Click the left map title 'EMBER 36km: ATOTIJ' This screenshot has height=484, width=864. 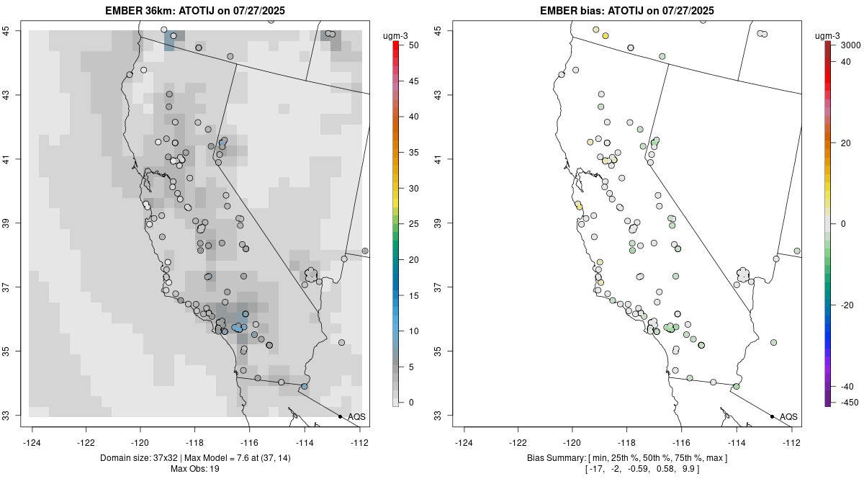pyautogui.click(x=160, y=10)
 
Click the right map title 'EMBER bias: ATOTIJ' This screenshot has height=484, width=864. pyautogui.click(x=592, y=10)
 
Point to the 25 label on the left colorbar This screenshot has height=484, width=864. pyautogui.click(x=413, y=224)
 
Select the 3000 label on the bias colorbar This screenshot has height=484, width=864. pyautogui.click(x=850, y=45)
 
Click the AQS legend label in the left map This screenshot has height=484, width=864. pyautogui.click(x=356, y=417)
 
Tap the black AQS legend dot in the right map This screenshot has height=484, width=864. pyautogui.click(x=772, y=416)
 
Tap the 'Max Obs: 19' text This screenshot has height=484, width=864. pyautogui.click(x=195, y=469)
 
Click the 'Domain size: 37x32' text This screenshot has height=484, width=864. pyautogui.click(x=139, y=458)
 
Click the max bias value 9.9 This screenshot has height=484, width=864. pyautogui.click(x=688, y=469)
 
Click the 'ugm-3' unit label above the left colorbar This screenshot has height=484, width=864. pyautogui.click(x=395, y=36)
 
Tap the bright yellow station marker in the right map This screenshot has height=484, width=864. pyautogui.click(x=606, y=36)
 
